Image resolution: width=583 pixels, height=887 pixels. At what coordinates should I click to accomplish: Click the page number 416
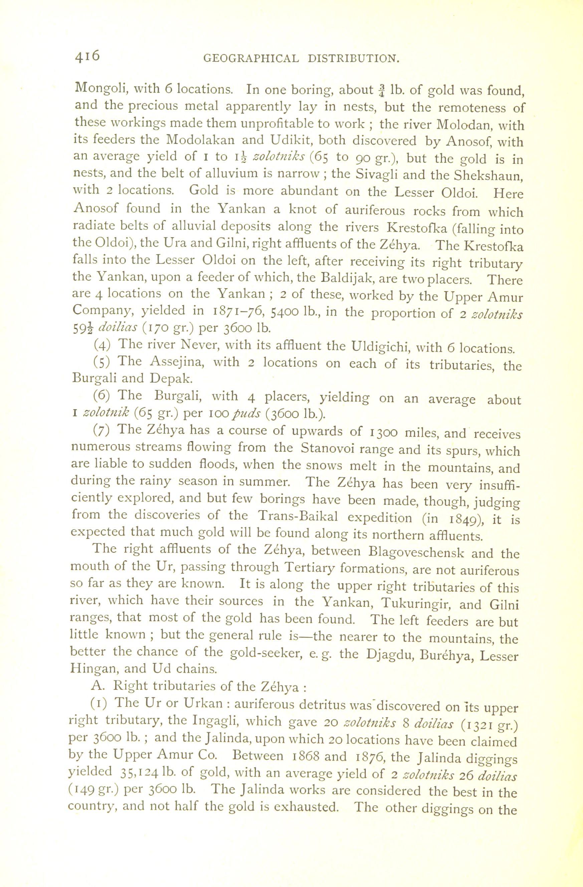point(87,56)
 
